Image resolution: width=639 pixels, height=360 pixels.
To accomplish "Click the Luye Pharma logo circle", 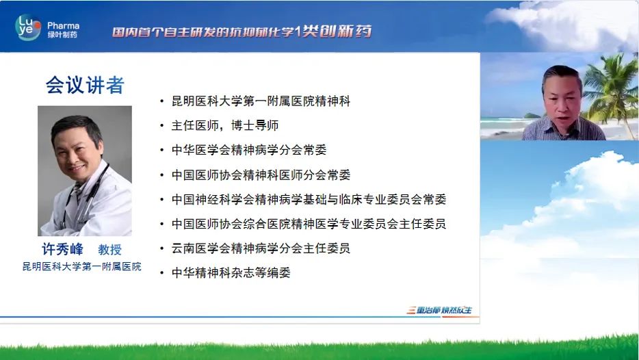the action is click(28, 27).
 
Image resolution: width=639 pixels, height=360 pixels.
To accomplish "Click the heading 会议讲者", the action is click(85, 86).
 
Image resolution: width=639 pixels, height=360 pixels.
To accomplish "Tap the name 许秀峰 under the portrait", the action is click(62, 249).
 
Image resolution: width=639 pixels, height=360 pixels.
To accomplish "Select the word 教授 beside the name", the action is click(109, 250).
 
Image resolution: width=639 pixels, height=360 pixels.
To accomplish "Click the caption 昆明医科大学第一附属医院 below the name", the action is click(82, 267).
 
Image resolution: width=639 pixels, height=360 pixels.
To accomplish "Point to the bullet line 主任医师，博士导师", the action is click(225, 125).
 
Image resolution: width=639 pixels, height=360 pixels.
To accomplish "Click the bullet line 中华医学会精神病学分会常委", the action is click(249, 150).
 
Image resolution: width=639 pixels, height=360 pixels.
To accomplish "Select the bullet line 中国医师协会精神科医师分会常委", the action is click(261, 175).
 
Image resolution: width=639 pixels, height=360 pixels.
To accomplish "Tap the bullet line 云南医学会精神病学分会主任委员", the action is click(261, 248).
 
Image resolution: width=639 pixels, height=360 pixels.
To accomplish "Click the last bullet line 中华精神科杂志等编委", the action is click(231, 273).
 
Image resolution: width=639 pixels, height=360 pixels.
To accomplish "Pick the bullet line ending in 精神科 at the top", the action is click(261, 101).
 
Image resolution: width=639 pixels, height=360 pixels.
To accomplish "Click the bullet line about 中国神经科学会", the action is click(309, 199).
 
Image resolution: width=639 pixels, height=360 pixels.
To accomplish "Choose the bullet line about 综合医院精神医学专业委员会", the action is click(309, 224).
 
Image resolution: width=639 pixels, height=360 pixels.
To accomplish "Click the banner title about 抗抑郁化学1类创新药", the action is click(242, 31).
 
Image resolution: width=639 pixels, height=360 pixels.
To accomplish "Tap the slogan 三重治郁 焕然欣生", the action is click(440, 310).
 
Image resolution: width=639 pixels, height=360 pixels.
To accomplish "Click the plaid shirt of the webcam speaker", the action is click(564, 129).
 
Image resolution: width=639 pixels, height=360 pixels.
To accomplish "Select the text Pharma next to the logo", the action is click(63, 26).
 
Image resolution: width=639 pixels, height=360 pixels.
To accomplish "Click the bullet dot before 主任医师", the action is click(161, 126).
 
